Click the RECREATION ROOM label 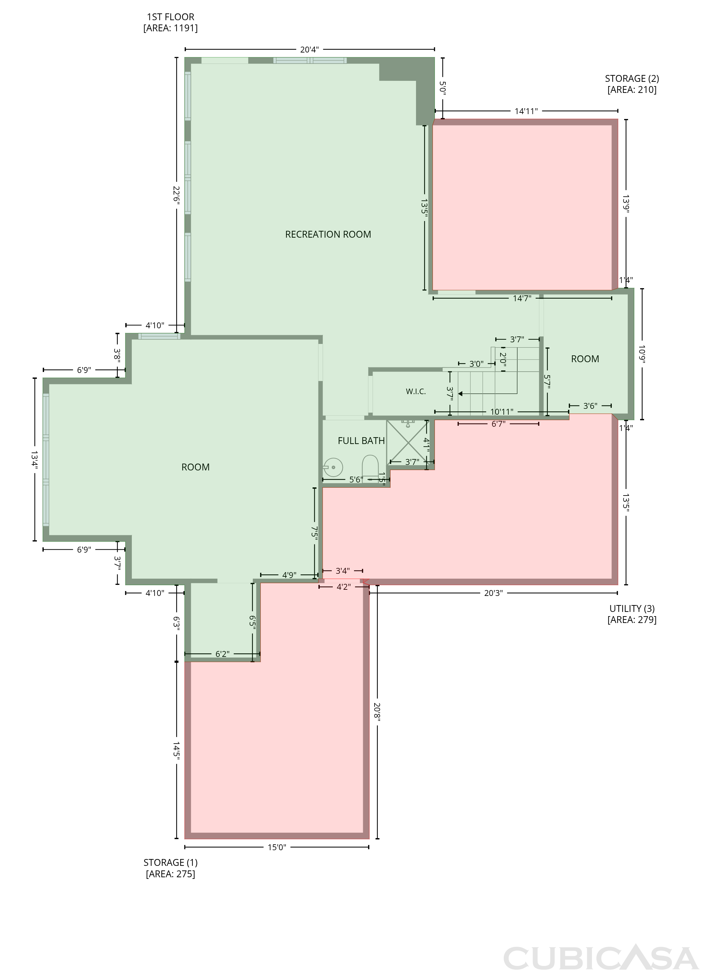tap(328, 235)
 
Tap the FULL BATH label tap(361, 441)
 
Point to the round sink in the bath tap(333, 467)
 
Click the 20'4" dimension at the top tap(309, 50)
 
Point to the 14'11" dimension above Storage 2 tap(526, 111)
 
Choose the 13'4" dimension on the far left tap(35, 460)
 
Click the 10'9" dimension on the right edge tap(642, 354)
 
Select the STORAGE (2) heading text tap(632, 79)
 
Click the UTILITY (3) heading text tap(632, 608)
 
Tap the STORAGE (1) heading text tap(170, 863)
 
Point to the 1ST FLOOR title tap(170, 17)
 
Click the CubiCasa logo tap(601, 958)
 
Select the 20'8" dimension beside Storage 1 tap(377, 712)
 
